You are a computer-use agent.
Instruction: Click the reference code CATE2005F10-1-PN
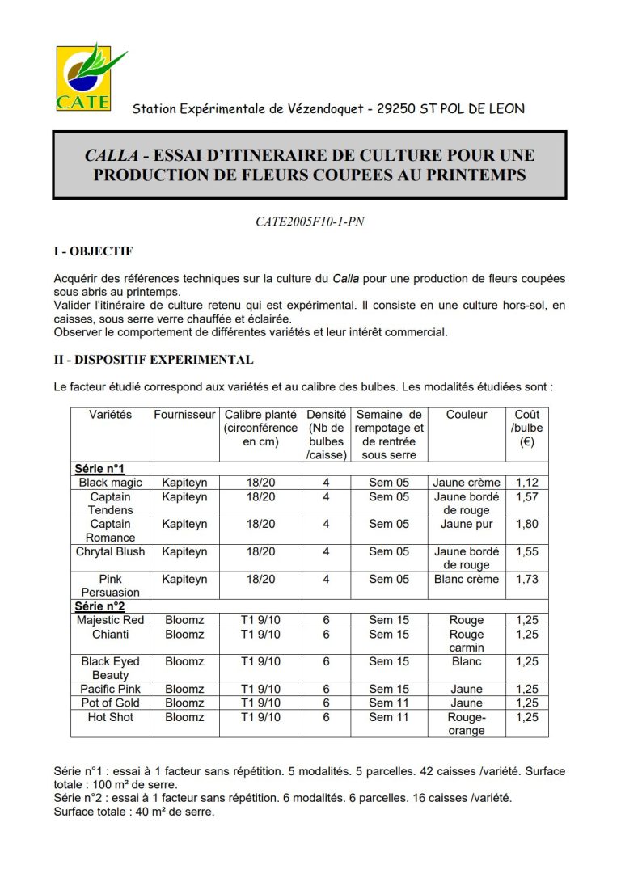pos(310,222)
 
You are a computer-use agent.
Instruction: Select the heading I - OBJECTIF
pos(93,251)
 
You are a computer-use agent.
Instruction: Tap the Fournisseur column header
pos(185,415)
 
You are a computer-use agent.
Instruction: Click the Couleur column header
pos(467,415)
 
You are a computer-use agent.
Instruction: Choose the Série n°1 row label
pos(99,468)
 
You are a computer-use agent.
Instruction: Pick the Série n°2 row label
pos(99,606)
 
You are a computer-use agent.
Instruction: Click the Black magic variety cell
pos(110,483)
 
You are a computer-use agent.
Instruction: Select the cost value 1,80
pos(526,524)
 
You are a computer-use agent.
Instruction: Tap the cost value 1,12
pos(526,483)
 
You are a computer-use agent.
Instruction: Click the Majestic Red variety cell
pos(110,620)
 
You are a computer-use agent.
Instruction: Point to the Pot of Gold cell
pos(110,703)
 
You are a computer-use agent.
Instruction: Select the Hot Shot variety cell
pos(110,717)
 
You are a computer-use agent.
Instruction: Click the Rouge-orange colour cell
pos(467,724)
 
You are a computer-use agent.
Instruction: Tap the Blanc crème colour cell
pos(467,579)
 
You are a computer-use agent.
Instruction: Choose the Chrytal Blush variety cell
pos(110,551)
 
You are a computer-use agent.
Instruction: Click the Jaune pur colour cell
pos(467,524)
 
